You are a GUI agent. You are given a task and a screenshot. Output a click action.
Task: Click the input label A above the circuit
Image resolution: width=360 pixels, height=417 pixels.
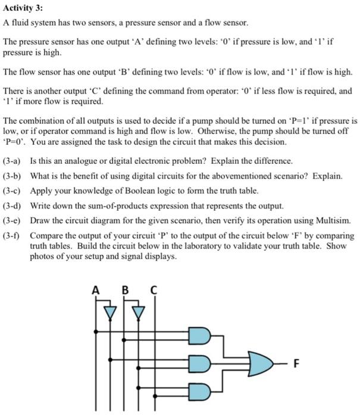point(95,290)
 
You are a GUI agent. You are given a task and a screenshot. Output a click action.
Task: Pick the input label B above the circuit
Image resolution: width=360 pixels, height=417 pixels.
point(125,290)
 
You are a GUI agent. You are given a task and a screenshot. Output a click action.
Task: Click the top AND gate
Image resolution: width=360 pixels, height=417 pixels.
point(199,336)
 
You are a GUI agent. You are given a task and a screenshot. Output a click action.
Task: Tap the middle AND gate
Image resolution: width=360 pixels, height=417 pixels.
point(199,362)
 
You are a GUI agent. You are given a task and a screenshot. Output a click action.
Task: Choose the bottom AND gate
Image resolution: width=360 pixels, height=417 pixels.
point(199,390)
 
